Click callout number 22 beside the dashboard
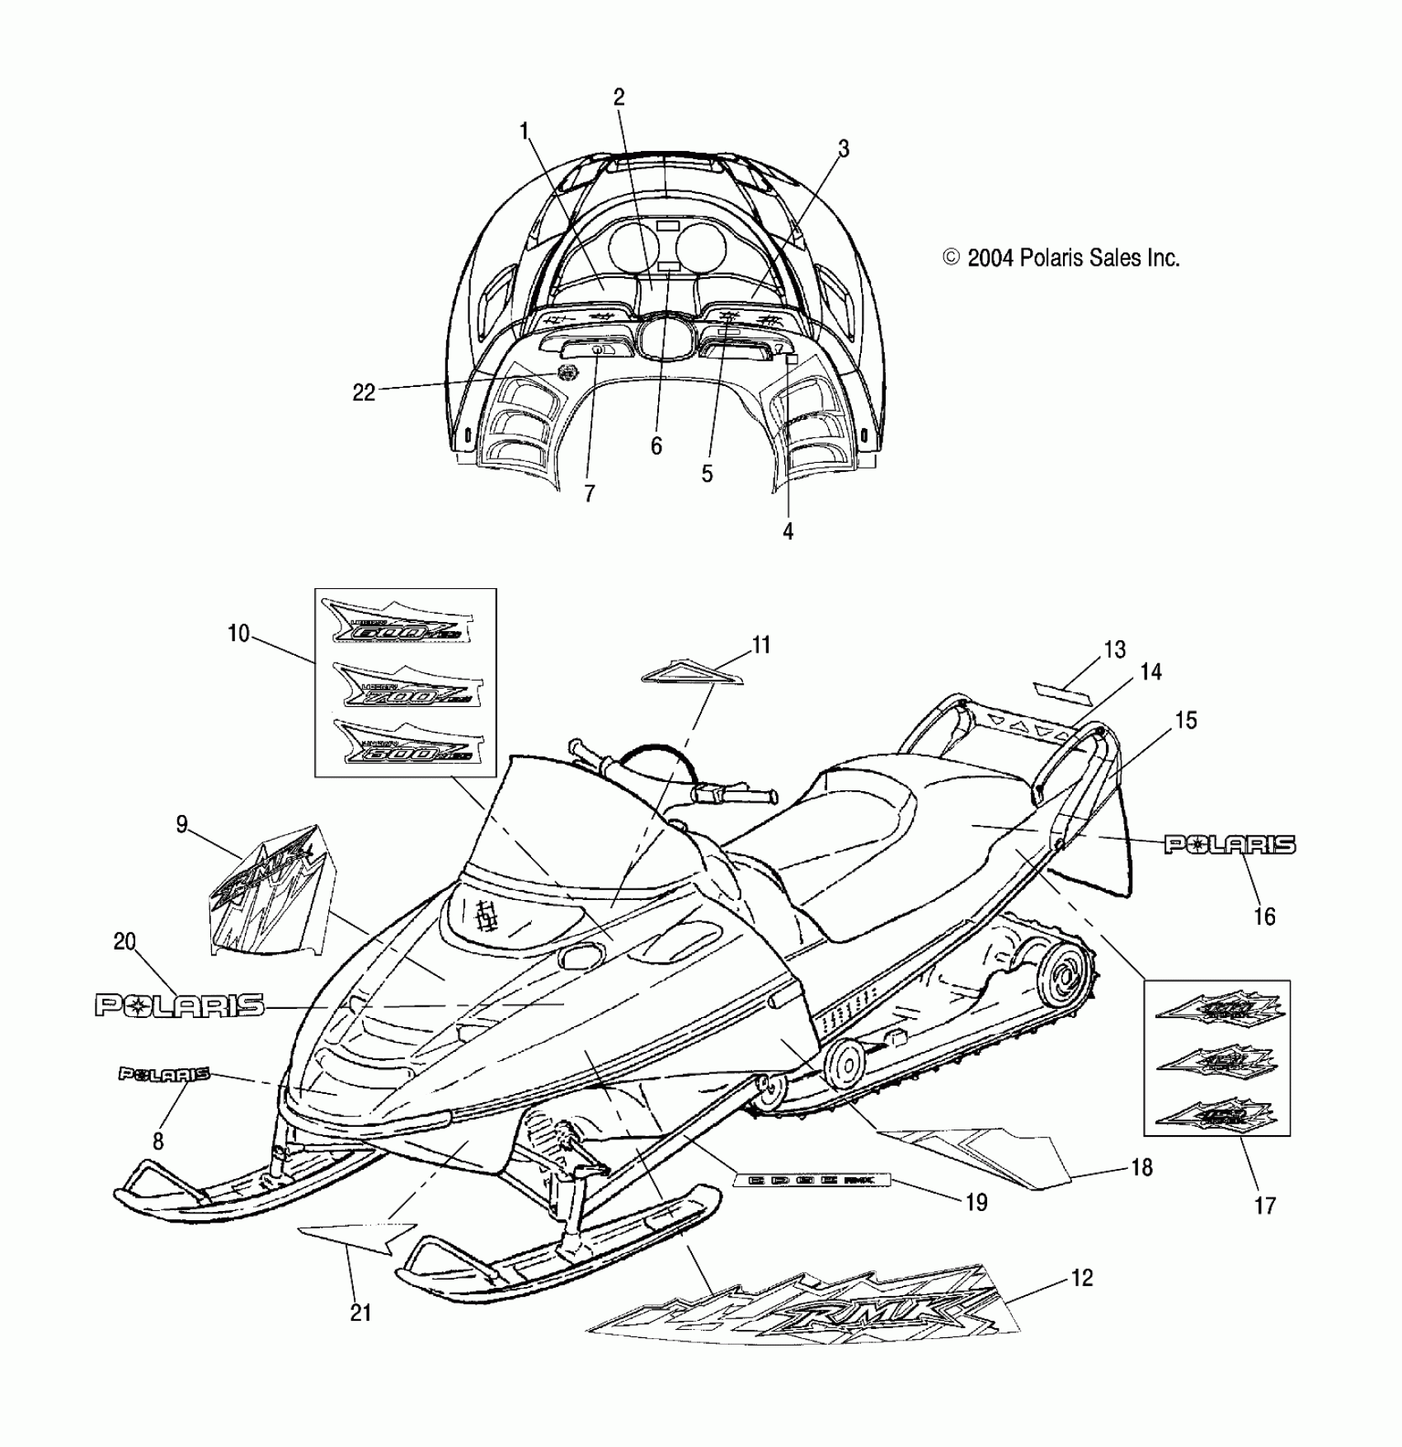pos(364,393)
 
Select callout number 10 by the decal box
pos(238,634)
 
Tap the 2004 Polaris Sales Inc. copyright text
pos(1062,258)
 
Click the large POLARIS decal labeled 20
pos(180,1005)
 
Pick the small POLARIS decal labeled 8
pos(163,1073)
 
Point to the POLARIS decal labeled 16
pos(1229,844)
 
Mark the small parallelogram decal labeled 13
pos(1061,691)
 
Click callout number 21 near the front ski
pos(360,1312)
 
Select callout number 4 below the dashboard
pos(788,531)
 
